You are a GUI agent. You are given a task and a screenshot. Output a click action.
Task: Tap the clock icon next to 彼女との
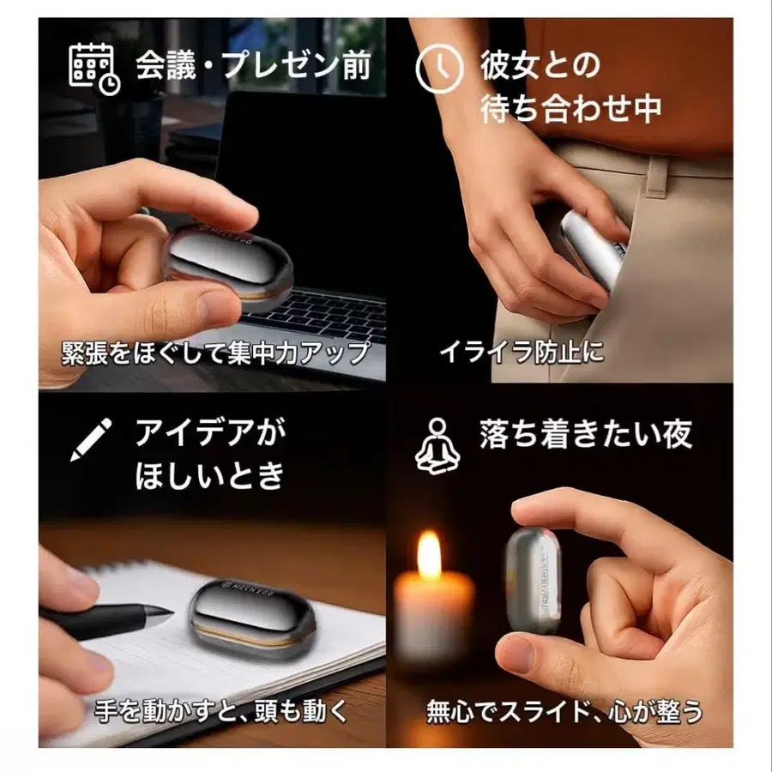click(x=438, y=69)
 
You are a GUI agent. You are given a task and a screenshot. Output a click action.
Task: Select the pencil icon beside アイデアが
click(x=92, y=439)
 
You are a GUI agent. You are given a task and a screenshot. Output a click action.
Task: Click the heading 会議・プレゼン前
click(x=253, y=67)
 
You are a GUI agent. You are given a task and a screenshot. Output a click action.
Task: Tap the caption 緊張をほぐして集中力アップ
click(x=215, y=351)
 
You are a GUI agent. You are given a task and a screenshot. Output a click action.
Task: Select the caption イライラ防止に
click(x=522, y=351)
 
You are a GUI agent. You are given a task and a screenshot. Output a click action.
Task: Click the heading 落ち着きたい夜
click(x=586, y=435)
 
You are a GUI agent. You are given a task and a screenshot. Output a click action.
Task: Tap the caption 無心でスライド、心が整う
click(x=564, y=711)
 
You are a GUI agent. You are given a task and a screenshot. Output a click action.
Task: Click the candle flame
click(x=429, y=555)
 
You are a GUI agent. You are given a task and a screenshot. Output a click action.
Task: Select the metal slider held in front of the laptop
click(x=228, y=266)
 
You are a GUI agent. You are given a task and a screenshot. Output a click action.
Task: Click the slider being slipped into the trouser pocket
click(x=592, y=249)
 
